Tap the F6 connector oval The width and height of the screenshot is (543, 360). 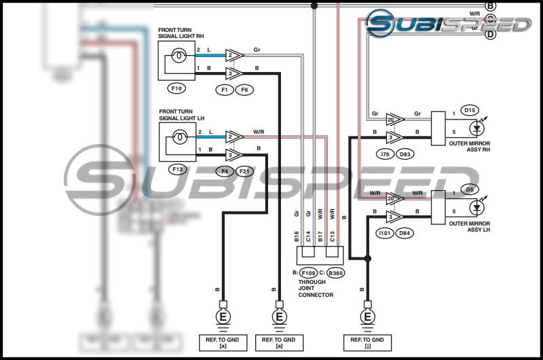tap(245, 89)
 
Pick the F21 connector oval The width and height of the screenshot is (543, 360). tap(245, 170)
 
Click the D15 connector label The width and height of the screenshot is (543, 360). tap(469, 109)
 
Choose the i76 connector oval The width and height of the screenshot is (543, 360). tap(386, 154)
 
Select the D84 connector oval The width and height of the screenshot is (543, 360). tap(405, 234)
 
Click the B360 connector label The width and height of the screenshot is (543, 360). tap(335, 273)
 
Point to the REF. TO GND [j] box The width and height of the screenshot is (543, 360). tap(368, 341)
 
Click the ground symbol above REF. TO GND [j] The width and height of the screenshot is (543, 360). tap(368, 316)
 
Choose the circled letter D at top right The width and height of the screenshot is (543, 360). tap(491, 34)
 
